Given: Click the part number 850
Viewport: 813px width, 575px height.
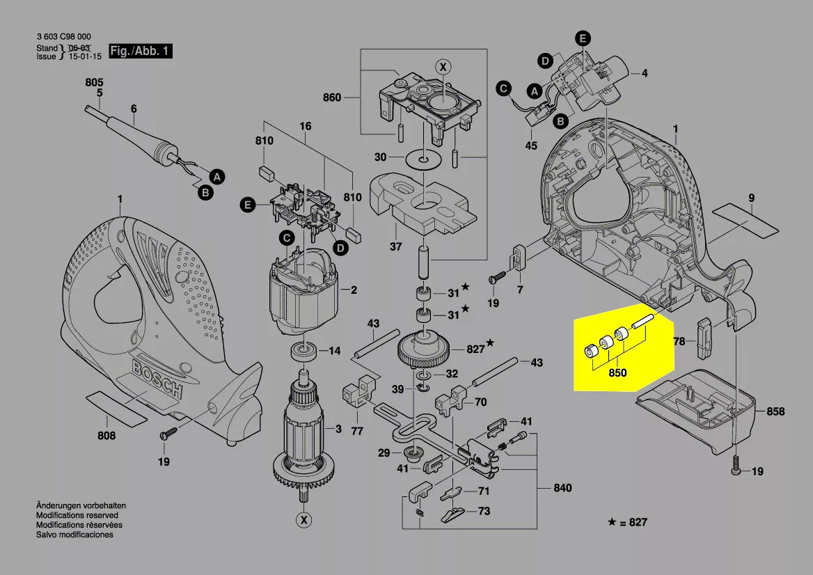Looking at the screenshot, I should coord(617,373).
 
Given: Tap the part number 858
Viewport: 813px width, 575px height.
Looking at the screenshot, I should coord(775,411).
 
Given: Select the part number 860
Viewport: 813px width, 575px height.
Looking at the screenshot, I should coord(332,97).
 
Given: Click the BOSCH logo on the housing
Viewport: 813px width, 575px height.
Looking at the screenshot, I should coord(157,379).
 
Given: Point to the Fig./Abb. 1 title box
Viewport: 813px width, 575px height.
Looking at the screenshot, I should coord(141,52).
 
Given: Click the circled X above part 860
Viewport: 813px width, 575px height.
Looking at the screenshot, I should coord(443,67).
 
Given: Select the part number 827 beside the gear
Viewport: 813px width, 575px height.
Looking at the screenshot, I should coord(475,349).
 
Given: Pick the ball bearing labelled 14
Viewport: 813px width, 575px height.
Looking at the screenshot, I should coord(304,350).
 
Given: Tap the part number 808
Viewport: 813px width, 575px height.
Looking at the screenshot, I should coord(106,436).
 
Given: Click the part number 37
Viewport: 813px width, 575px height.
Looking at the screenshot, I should coord(396,246).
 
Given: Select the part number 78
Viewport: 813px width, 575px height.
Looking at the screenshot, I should coord(680,341).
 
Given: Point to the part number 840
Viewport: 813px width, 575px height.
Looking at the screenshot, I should coord(562,488).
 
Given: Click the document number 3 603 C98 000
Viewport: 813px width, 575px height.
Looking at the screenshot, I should coord(63,37).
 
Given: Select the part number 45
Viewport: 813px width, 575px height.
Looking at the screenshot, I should coord(531,146).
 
